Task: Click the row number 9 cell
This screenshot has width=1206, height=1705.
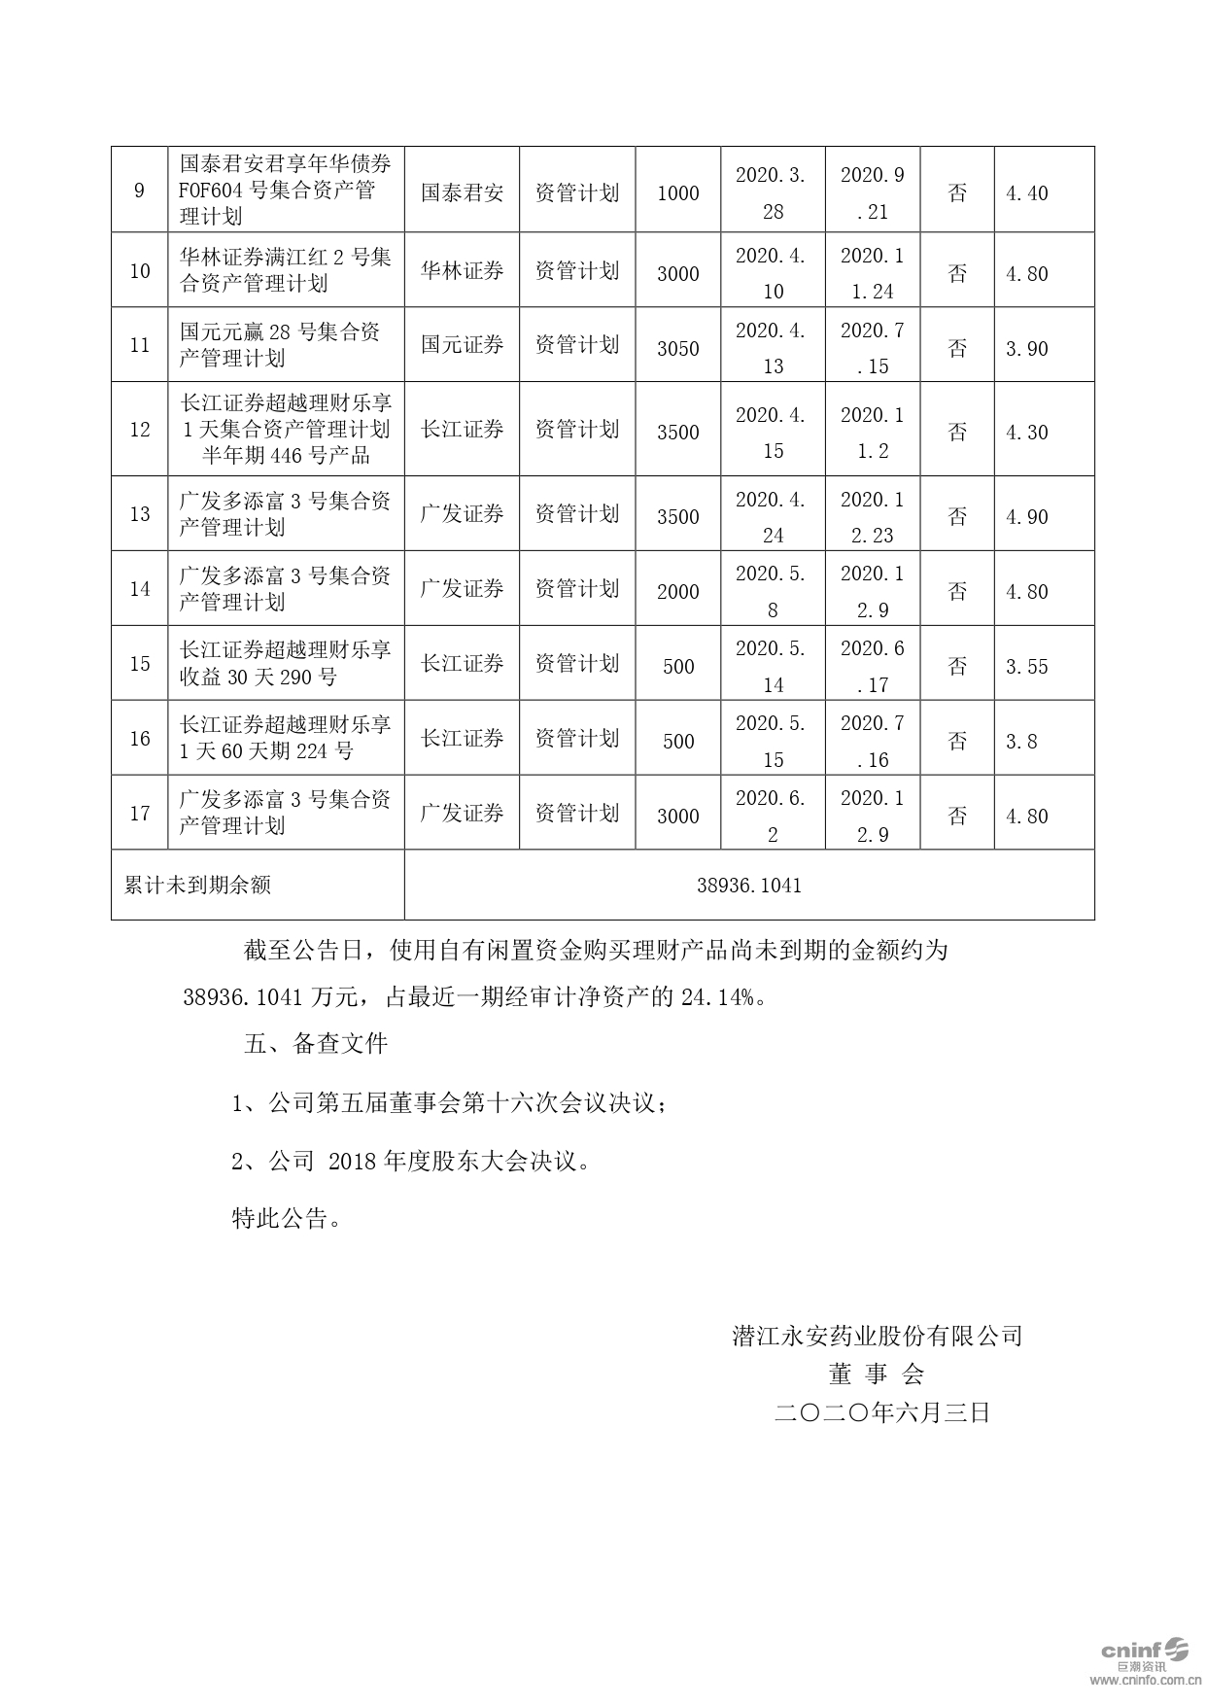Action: click(x=139, y=191)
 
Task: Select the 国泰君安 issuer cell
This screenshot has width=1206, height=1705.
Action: click(x=462, y=192)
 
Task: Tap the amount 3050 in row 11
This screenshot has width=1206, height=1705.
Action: click(x=677, y=348)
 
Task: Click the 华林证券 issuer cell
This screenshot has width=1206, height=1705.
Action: click(x=462, y=271)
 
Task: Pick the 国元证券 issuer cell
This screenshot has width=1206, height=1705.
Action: click(x=462, y=345)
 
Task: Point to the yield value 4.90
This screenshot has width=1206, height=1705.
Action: click(x=1026, y=517)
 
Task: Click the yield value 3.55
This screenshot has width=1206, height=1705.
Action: click(x=1026, y=667)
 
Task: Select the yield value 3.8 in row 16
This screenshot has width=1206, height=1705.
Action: click(x=1021, y=742)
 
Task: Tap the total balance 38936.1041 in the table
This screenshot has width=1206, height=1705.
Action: click(x=748, y=886)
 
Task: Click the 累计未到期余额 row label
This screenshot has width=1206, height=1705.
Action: click(x=198, y=886)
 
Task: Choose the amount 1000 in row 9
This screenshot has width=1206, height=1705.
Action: click(x=677, y=193)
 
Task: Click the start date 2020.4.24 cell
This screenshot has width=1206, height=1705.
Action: click(x=772, y=517)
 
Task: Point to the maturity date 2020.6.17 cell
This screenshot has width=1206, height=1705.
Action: click(x=872, y=667)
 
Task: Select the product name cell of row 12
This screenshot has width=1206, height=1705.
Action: click(x=286, y=429)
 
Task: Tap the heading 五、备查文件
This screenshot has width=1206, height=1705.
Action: click(x=316, y=1045)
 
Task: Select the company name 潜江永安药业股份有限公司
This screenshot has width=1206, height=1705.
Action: click(x=877, y=1337)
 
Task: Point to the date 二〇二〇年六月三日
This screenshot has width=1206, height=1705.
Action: click(x=881, y=1412)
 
